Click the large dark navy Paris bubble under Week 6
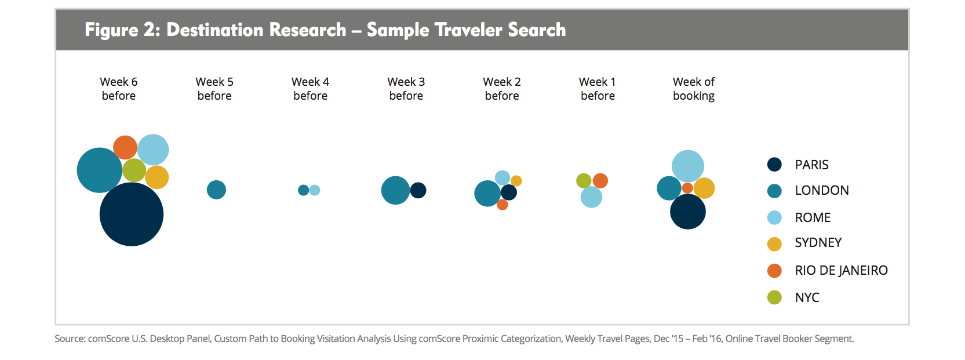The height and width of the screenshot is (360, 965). click(132, 214)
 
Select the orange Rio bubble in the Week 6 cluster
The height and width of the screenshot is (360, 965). click(125, 147)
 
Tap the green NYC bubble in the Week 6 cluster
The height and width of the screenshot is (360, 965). click(134, 170)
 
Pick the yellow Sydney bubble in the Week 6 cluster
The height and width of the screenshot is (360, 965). click(157, 177)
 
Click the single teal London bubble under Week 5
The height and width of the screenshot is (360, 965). click(216, 190)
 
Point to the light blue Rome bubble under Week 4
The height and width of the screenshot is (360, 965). click(315, 190)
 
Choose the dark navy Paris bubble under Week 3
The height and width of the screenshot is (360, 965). click(418, 190)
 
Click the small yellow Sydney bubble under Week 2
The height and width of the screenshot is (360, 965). click(516, 181)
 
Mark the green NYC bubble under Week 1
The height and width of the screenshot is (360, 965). click(584, 181)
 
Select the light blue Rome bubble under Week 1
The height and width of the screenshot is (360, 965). click(592, 197)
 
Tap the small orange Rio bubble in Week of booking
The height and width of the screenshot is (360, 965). click(687, 188)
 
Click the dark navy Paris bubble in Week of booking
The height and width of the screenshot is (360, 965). click(688, 212)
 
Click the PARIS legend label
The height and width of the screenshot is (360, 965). click(811, 165)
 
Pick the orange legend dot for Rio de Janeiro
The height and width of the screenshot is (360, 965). click(774, 270)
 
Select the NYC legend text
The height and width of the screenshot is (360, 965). click(807, 297)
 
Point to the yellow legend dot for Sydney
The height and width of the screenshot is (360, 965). click(774, 244)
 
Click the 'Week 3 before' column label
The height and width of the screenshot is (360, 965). click(406, 88)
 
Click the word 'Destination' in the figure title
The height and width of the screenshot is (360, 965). click(256, 30)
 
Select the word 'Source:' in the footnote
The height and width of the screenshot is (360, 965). click(70, 339)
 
